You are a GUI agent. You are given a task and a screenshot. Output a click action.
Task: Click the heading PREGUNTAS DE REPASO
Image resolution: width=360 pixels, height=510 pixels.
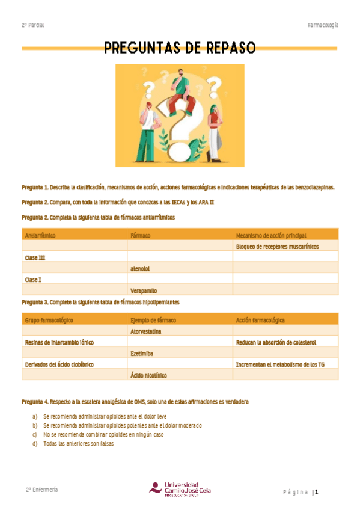tap(180, 48)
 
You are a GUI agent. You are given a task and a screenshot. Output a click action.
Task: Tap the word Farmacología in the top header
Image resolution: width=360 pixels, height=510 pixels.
tap(323, 25)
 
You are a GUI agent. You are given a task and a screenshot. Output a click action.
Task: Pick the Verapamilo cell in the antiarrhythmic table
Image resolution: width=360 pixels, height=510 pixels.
tap(144, 290)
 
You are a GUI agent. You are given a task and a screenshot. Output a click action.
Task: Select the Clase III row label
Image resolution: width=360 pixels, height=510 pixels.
tap(35, 257)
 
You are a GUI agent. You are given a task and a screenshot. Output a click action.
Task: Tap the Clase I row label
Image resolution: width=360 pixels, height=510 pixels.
tap(33, 279)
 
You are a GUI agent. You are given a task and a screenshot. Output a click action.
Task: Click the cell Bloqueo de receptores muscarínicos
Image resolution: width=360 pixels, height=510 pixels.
tap(277, 247)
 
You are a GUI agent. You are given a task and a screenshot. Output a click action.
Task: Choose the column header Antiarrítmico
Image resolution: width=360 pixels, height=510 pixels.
tap(40, 235)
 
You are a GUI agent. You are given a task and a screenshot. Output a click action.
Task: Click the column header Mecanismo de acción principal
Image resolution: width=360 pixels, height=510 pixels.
tap(271, 235)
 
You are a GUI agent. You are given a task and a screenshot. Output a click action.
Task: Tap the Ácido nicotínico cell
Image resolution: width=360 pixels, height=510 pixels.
tap(148, 375)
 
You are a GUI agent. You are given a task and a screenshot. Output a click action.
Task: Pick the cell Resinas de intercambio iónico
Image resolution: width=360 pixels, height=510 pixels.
tap(59, 342)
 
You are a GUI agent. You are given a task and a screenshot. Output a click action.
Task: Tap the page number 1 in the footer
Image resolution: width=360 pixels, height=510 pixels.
tap(315, 493)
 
